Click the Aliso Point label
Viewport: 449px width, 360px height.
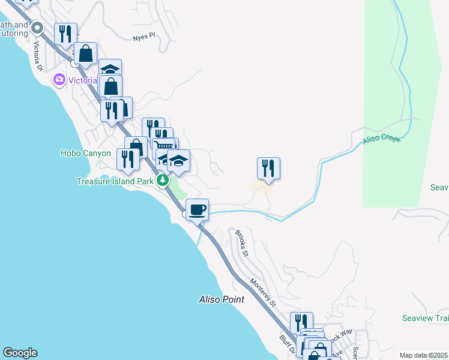pyautogui.click(x=221, y=299)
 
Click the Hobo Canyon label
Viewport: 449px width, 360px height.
pyautogui.click(x=86, y=153)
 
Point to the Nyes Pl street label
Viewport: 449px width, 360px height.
pyautogui.click(x=144, y=37)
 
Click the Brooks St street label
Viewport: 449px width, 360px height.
pyautogui.click(x=241, y=242)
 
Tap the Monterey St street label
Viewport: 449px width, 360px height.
pyautogui.click(x=263, y=293)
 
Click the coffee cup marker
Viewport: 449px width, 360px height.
pyautogui.click(x=197, y=210)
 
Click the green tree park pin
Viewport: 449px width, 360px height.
pyautogui.click(x=161, y=180)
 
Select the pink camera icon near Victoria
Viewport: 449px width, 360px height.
pyautogui.click(x=59, y=79)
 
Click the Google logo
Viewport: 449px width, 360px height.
pyautogui.click(x=20, y=353)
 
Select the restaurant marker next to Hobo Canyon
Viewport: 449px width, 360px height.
pyautogui.click(x=128, y=159)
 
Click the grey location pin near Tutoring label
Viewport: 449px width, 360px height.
pyautogui.click(x=37, y=28)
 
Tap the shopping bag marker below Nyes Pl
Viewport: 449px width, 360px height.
pyautogui.click(x=86, y=53)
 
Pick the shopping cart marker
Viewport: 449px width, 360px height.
pyautogui.click(x=164, y=147)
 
